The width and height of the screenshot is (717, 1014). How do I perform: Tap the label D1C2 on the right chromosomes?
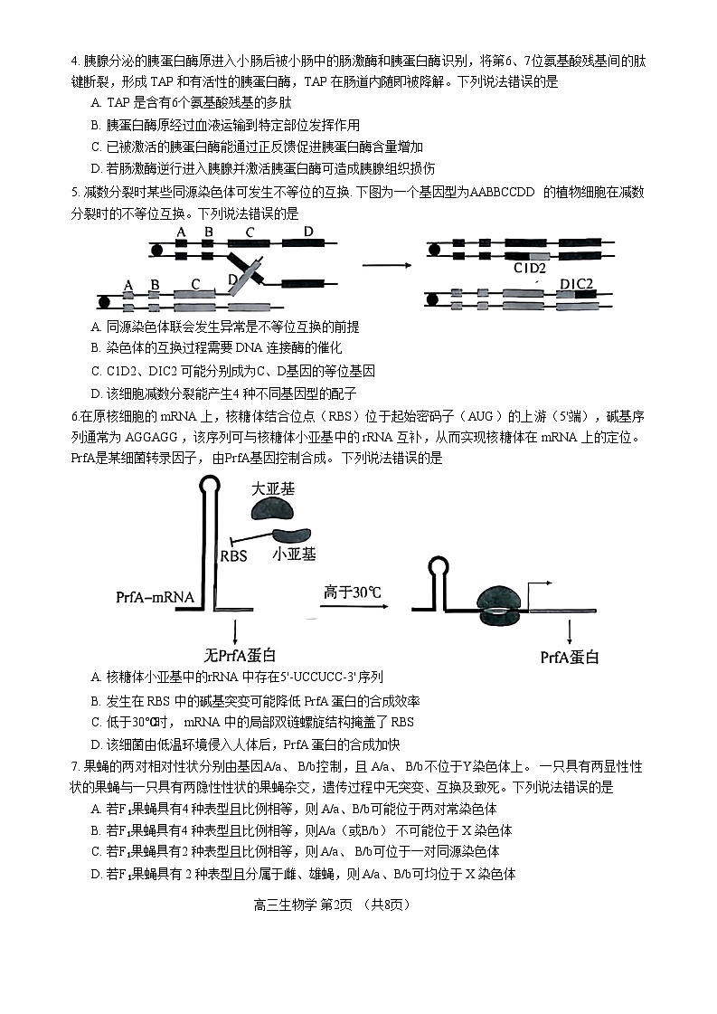pos(576,284)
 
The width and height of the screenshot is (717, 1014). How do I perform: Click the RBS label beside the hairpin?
pos(233,556)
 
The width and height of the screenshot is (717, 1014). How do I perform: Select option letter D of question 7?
pos(96,873)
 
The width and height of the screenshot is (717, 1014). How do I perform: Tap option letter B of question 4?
pos(96,125)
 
